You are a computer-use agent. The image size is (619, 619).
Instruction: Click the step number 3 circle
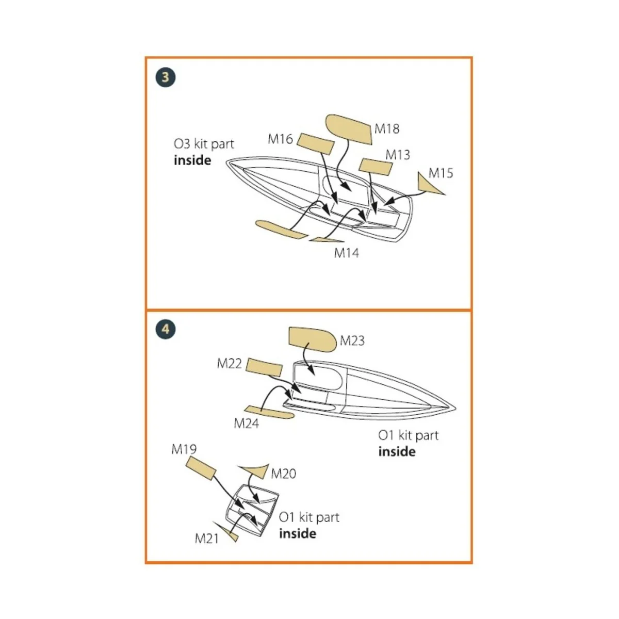165,77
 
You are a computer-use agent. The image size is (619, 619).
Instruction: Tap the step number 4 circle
165,329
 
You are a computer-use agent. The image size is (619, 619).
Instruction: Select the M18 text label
387,128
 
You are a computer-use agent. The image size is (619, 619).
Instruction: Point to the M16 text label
280,139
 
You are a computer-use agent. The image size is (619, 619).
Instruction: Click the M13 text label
398,154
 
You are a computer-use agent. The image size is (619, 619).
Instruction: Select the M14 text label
346,253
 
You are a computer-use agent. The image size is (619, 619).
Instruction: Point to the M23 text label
352,340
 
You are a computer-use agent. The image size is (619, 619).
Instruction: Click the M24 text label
246,423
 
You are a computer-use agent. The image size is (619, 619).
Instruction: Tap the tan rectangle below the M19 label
201,466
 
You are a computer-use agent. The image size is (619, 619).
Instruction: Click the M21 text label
206,538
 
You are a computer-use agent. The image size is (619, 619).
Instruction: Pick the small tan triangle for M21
230,533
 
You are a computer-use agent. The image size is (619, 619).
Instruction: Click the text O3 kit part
204,144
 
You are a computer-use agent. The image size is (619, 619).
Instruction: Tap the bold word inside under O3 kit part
192,160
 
